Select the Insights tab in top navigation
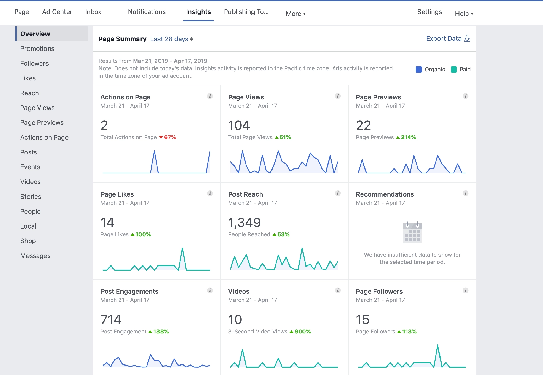(198, 12)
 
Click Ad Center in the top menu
(57, 12)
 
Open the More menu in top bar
(296, 14)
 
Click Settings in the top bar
(429, 12)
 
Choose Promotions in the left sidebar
(37, 48)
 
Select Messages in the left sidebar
(35, 256)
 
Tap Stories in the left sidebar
(31, 197)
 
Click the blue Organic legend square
(419, 70)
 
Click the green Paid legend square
(454, 70)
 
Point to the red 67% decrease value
(169, 137)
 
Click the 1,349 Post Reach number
(244, 223)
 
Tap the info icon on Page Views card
(338, 96)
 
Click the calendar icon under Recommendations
(412, 232)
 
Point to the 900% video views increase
(302, 332)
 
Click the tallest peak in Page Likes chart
(182, 249)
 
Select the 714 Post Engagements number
(111, 320)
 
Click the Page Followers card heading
(379, 292)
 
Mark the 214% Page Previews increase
(408, 137)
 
